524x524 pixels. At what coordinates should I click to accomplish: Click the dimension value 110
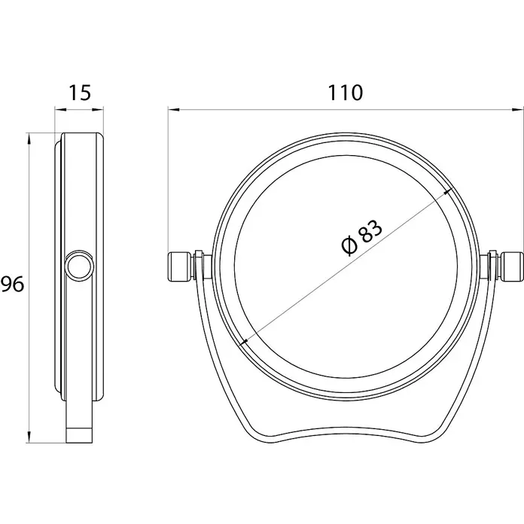point(346,93)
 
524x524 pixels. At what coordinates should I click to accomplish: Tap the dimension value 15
point(80,93)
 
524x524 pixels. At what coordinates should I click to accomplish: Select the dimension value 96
point(12,284)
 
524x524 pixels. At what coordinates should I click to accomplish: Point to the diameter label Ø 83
point(361,237)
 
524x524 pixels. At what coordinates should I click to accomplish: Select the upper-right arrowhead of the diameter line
point(447,192)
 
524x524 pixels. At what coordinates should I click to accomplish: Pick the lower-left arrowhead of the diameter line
point(245,342)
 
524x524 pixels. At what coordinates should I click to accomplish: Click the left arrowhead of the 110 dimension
point(174,109)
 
